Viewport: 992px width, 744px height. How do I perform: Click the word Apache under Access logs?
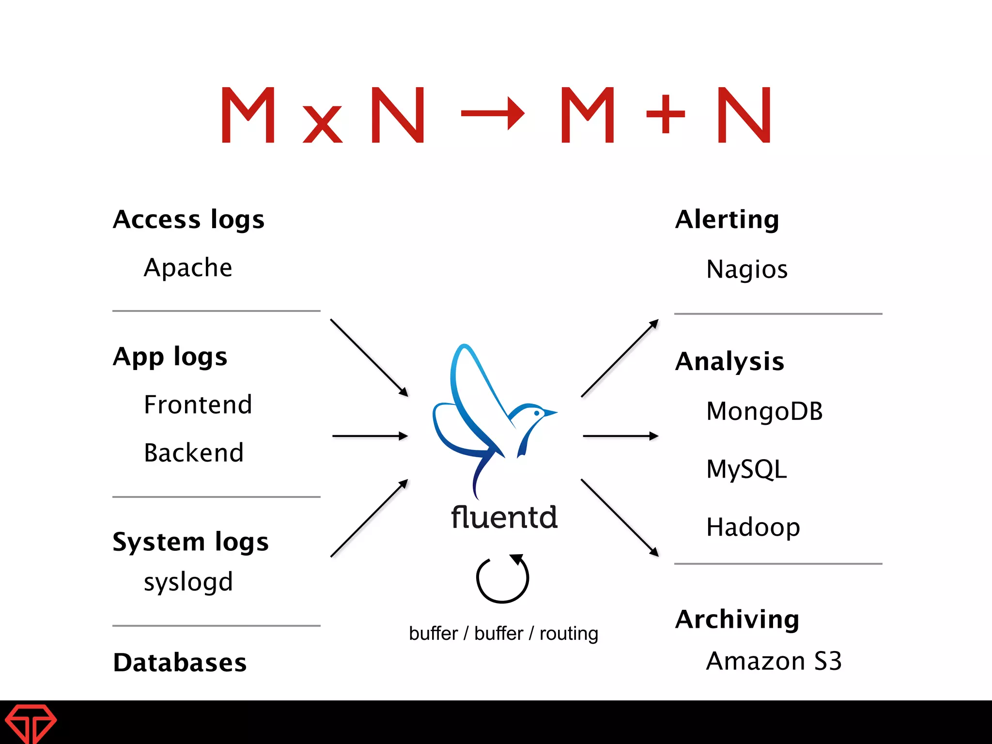pos(188,268)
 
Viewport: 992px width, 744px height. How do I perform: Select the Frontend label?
pos(198,404)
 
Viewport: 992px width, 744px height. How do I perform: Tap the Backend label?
pos(193,453)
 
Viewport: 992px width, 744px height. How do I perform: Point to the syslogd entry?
pos(188,582)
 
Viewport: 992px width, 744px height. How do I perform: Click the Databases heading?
pos(180,662)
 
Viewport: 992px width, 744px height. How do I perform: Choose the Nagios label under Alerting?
pos(746,269)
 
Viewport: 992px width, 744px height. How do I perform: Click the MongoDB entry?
pos(764,411)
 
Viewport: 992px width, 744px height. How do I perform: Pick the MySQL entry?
pos(746,469)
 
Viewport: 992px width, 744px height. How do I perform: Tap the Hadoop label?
pos(753,527)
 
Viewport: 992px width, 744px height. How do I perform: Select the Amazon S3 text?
pos(774,661)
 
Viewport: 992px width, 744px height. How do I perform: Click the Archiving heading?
pos(737,619)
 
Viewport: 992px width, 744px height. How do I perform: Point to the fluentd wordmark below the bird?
pos(504,517)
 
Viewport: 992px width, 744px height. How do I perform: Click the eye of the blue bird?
pos(537,413)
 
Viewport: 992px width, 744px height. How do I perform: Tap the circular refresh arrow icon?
pos(503,578)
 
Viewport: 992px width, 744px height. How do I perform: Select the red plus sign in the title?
pos(666,114)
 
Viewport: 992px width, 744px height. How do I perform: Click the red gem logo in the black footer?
pos(31,723)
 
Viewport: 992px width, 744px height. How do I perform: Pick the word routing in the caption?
pos(569,634)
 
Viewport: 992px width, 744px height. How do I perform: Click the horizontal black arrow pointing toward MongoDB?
pos(620,436)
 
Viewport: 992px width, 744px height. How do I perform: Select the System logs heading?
pos(190,542)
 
